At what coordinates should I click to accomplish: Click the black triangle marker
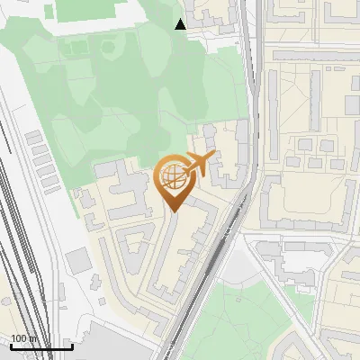point(181,24)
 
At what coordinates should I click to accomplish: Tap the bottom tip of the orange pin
point(174,211)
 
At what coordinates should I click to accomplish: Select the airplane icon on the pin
point(198,163)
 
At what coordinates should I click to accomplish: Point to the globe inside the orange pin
point(173,180)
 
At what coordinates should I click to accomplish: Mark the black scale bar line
point(41,346)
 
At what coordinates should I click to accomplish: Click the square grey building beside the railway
point(77,261)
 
